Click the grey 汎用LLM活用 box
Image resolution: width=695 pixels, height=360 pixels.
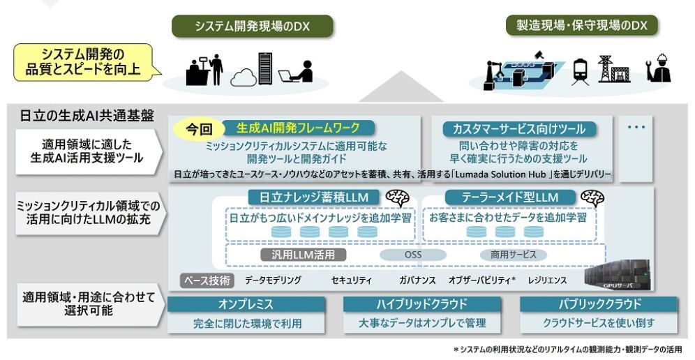pos(303,255)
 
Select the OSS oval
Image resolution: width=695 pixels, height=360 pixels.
pos(413,255)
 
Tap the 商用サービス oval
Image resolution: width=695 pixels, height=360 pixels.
pos(512,255)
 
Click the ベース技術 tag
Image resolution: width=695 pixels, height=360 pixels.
pos(207,280)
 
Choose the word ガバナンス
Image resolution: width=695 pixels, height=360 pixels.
pos(418,280)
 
